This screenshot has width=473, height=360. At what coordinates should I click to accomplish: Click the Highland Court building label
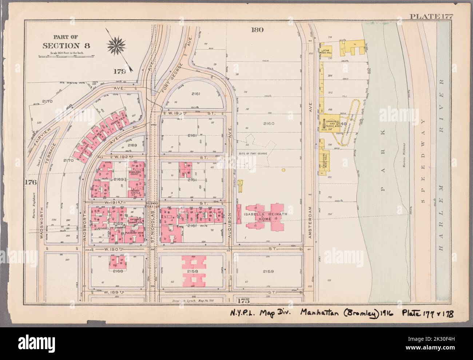[136, 173]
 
